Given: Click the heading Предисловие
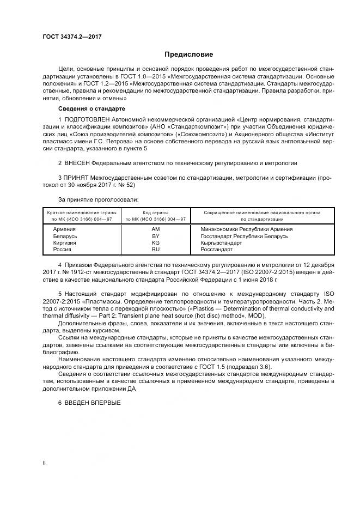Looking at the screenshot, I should [x=189, y=54].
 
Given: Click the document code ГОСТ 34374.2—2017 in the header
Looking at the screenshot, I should [x=72, y=37].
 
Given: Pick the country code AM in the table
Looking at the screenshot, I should [x=155, y=229].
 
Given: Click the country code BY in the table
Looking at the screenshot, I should [x=155, y=236].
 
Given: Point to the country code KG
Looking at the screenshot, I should [x=155, y=242].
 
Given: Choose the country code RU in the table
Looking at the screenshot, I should [x=155, y=249].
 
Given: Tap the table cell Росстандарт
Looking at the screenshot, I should [x=217, y=249].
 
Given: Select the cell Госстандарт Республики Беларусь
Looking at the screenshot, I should [x=245, y=236].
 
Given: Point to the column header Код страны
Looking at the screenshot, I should [x=155, y=212].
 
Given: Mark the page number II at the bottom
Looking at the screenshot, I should [x=44, y=463].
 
